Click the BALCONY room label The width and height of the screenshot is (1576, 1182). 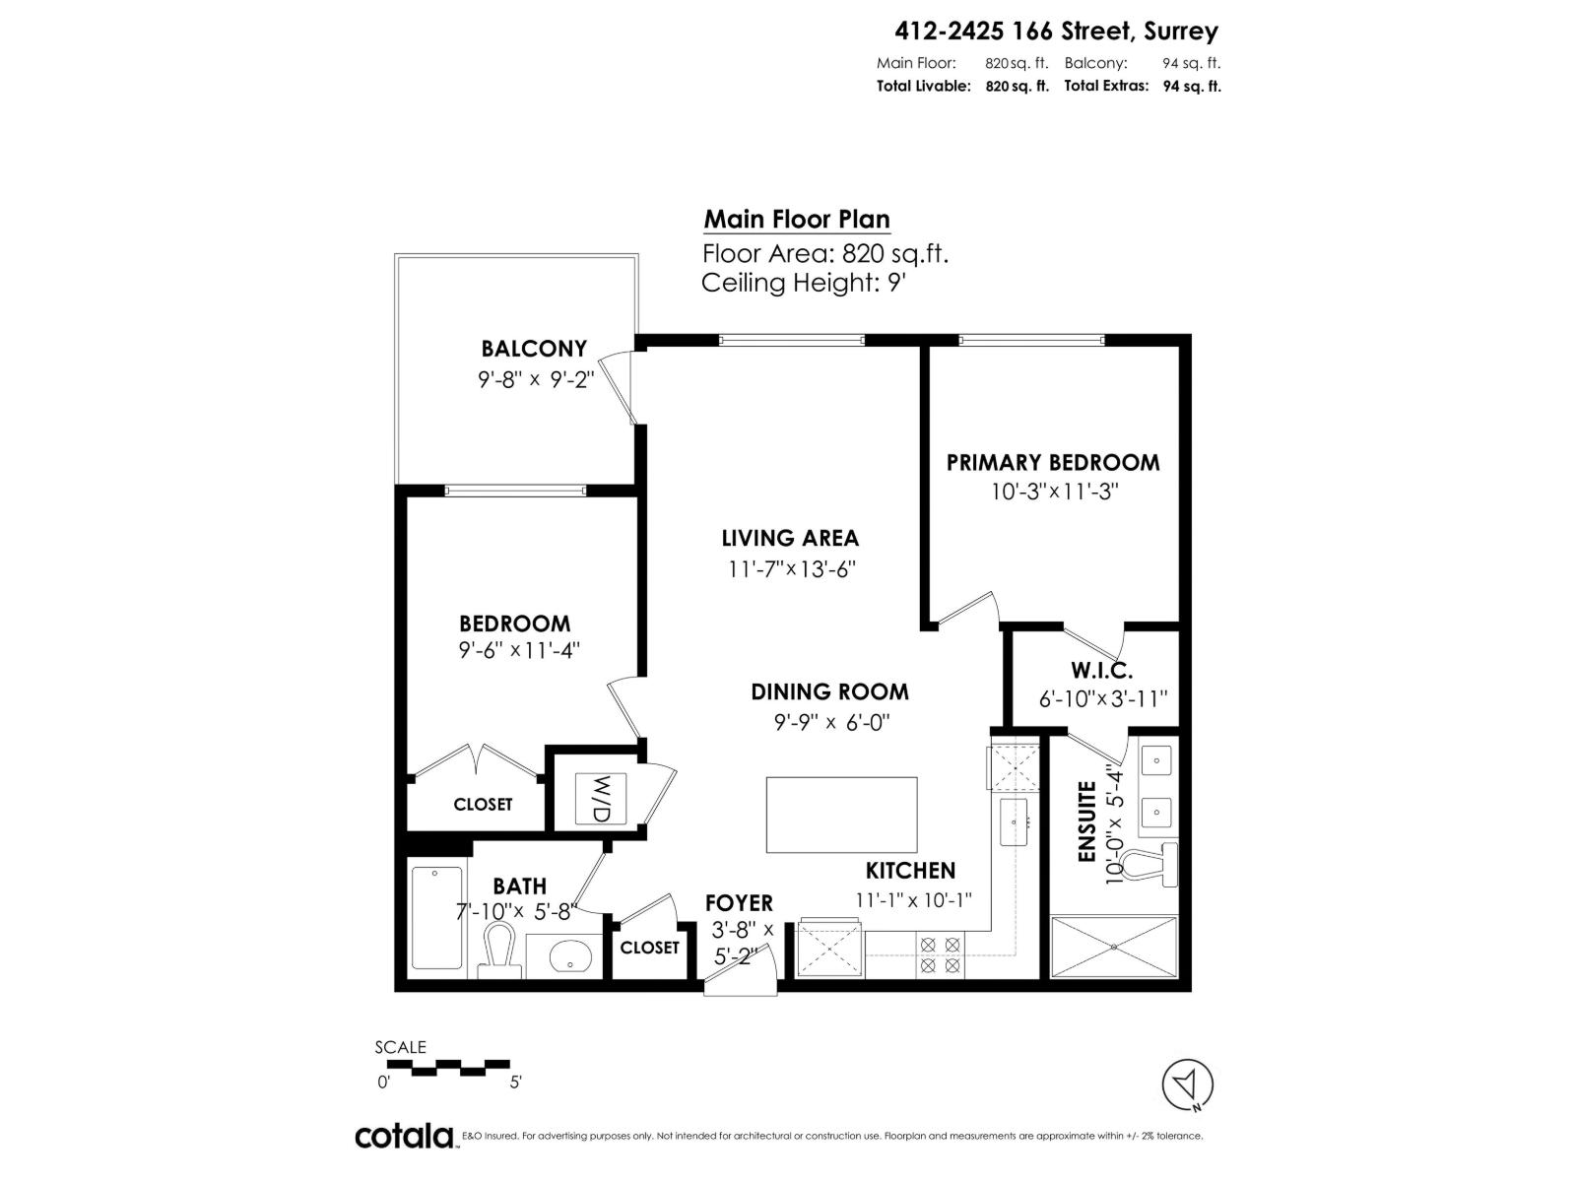[533, 349]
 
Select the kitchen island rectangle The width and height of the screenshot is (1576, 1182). [841, 815]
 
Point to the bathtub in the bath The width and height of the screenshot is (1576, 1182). [436, 918]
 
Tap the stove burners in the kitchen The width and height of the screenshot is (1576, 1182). [940, 955]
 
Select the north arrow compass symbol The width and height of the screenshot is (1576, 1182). [1188, 1084]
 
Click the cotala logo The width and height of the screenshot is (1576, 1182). [404, 1137]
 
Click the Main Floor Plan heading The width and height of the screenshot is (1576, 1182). [796, 220]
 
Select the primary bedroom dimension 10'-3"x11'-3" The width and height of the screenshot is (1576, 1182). [1055, 492]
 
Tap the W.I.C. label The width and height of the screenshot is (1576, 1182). [1101, 672]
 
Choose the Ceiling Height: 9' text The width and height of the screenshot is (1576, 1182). [803, 284]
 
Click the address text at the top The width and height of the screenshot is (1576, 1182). [1056, 32]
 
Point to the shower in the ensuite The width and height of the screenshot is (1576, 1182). [1114, 947]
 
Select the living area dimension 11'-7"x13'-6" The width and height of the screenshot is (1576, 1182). [788, 569]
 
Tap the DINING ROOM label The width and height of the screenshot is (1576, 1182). [829, 691]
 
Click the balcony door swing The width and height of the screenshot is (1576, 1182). [621, 389]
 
